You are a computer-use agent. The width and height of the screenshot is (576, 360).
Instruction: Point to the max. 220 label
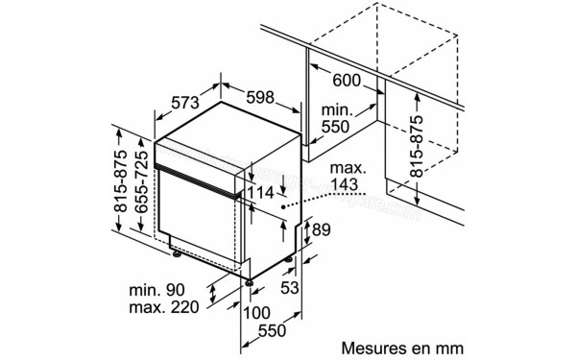[x=165, y=307]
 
